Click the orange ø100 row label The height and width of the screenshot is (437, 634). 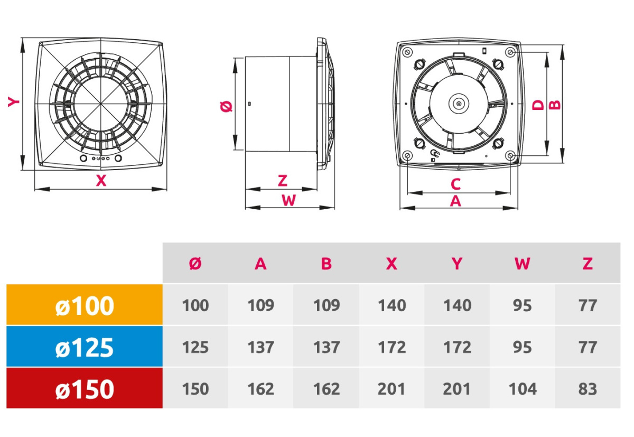pos(85,305)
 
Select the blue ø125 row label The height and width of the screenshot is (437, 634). pos(85,347)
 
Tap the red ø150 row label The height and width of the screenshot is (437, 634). pos(85,389)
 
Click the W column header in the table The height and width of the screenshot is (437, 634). pos(522,264)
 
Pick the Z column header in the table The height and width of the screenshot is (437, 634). pos(588,264)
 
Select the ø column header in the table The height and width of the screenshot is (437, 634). pos(195,264)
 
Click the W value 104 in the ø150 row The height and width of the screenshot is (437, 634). pos(522,389)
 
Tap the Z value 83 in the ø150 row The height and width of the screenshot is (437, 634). pos(588,389)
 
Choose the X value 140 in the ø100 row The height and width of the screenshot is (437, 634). pos(391,305)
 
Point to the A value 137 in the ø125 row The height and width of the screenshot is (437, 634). pos(260,347)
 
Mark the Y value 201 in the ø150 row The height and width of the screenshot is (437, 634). pos(456,389)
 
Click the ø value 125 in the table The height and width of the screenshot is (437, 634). pos(195,347)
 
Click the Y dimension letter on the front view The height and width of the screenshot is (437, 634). pos(13,102)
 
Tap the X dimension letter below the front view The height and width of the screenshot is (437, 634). pos(101,181)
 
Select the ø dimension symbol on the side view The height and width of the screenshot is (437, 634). pos(226,106)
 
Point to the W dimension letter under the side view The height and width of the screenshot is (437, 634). pos(288,201)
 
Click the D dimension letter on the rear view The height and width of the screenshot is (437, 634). pos(538,105)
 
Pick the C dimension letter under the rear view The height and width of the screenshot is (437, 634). pos(455,184)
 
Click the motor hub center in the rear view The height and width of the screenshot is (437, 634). pos(458,104)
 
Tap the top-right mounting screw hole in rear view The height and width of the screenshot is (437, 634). pos(510,52)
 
